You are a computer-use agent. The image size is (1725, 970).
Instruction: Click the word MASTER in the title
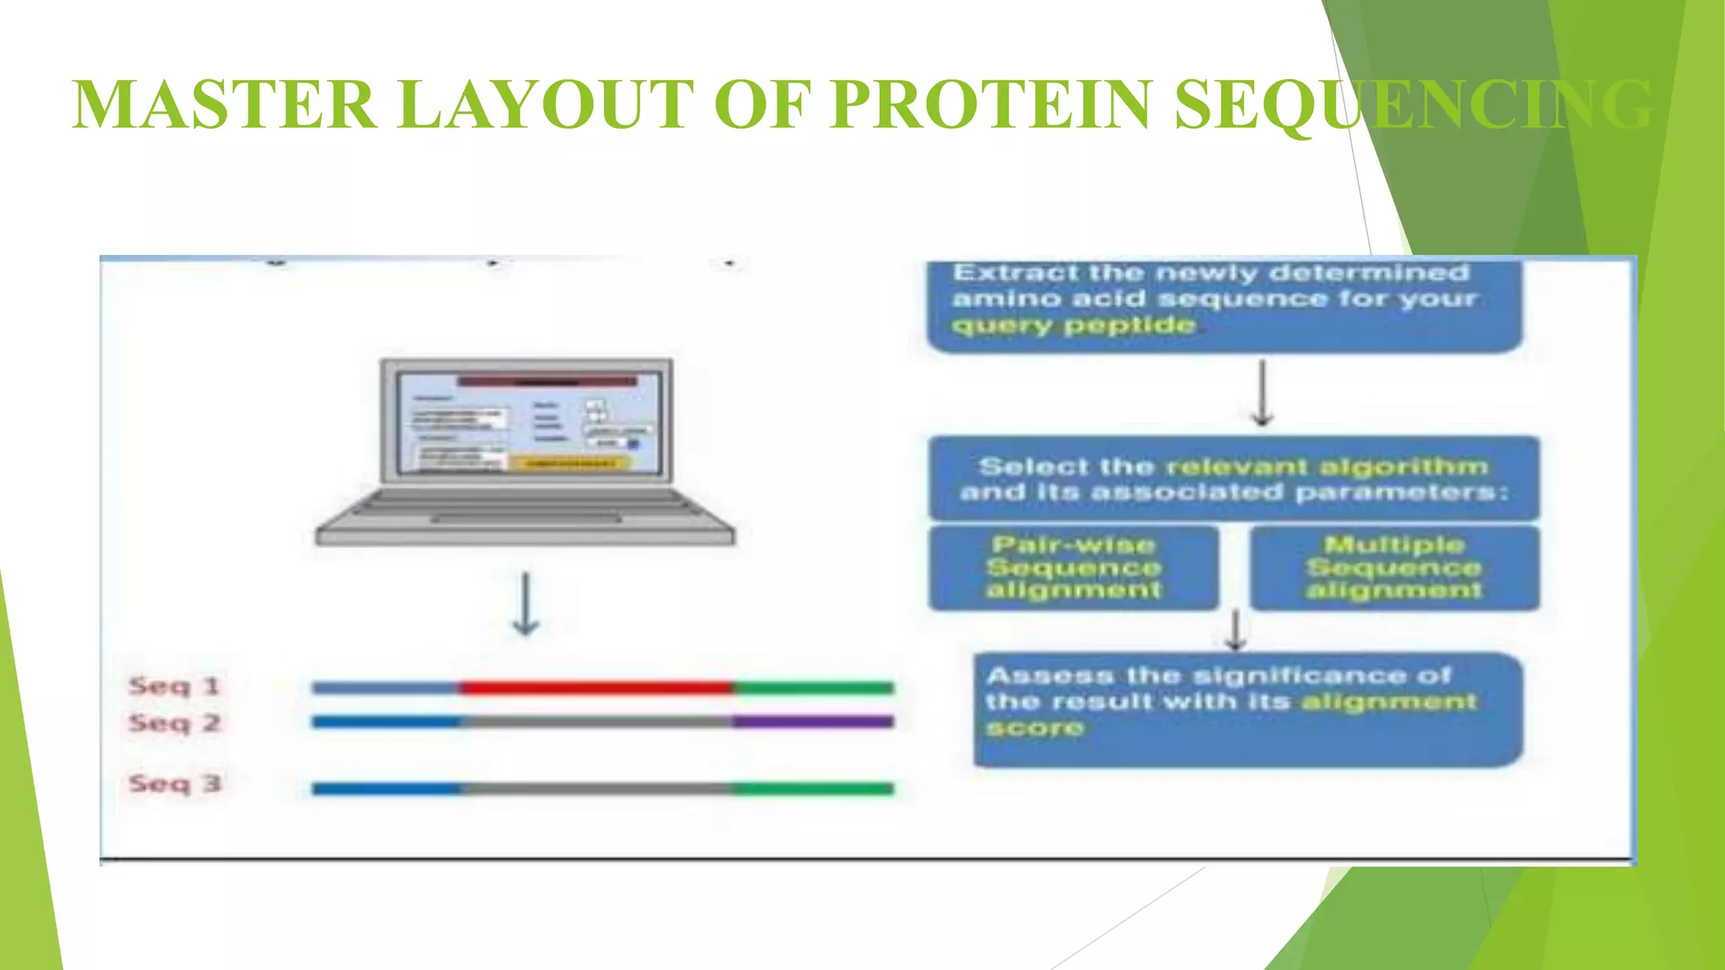pyautogui.click(x=224, y=105)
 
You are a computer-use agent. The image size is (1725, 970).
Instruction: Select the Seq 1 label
pyautogui.click(x=174, y=686)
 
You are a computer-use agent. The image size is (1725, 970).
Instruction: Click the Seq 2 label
pyautogui.click(x=174, y=723)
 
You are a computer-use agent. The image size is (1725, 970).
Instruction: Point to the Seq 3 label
pyautogui.click(x=174, y=784)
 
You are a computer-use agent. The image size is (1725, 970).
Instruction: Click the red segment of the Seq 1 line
pyautogui.click(x=596, y=688)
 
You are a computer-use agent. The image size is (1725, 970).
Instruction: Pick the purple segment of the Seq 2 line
pyautogui.click(x=812, y=722)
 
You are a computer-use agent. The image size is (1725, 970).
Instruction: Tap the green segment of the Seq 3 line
pyautogui.click(x=812, y=789)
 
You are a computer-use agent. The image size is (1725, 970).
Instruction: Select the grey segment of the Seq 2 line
pyautogui.click(x=596, y=722)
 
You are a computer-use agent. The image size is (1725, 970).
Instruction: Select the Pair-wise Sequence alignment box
pyautogui.click(x=1074, y=568)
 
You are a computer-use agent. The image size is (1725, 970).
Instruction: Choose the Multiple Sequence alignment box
pyautogui.click(x=1395, y=568)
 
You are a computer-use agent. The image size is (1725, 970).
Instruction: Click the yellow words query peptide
pyautogui.click(x=1074, y=326)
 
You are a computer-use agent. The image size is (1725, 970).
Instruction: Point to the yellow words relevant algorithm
pyautogui.click(x=1327, y=466)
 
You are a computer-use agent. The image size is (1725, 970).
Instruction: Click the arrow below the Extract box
pyautogui.click(x=1262, y=393)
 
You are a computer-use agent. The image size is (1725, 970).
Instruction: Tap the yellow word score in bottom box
pyautogui.click(x=1034, y=728)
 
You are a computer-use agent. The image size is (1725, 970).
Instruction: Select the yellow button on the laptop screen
pyautogui.click(x=569, y=463)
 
